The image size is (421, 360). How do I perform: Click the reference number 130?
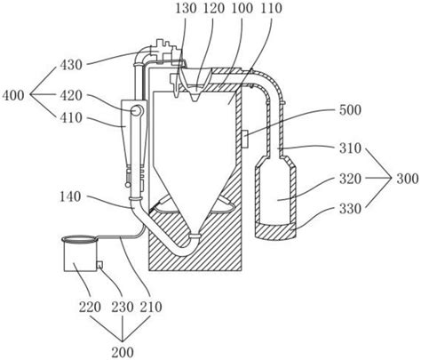(x=187, y=8)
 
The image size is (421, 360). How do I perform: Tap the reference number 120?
(x=214, y=8)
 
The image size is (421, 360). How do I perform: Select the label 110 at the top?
(x=271, y=8)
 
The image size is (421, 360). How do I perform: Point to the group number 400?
(x=13, y=95)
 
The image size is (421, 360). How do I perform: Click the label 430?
(x=71, y=65)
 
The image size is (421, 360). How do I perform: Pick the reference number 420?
(x=71, y=95)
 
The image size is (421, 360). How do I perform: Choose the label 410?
(x=71, y=117)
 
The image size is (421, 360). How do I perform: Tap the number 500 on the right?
(x=350, y=110)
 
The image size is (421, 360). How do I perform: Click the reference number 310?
(x=350, y=148)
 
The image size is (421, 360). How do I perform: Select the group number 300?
(x=408, y=179)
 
